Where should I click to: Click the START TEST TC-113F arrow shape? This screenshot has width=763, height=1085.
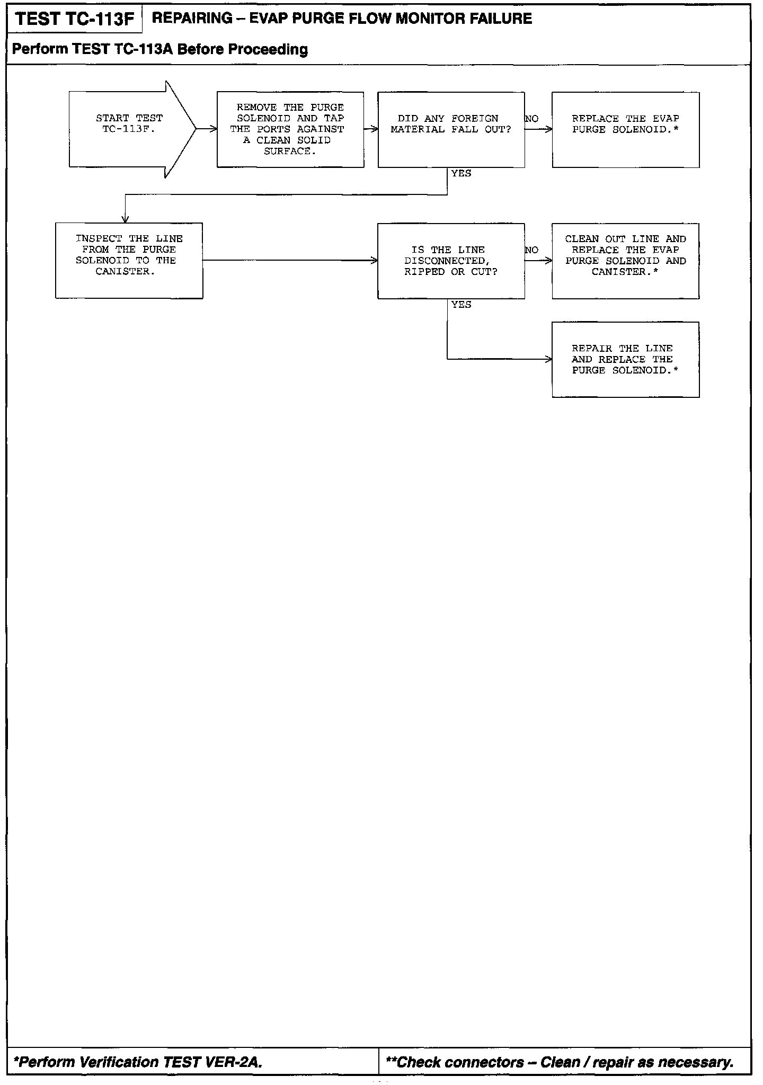(x=130, y=129)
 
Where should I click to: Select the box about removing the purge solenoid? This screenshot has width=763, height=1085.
(x=290, y=129)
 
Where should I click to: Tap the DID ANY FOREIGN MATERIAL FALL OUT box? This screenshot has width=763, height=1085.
(x=451, y=129)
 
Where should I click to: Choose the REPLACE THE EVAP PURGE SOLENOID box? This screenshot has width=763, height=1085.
(x=625, y=129)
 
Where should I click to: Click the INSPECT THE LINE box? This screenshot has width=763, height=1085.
(x=129, y=260)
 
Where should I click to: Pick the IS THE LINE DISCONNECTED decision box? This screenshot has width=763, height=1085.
(x=451, y=261)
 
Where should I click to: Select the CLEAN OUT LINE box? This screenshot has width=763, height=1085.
(x=625, y=261)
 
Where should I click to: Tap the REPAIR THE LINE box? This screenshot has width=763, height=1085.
(x=625, y=359)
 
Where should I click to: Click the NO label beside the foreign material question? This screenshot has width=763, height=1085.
(x=531, y=119)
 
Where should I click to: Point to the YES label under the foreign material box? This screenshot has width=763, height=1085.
(x=461, y=174)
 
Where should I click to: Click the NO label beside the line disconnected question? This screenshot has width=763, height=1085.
(x=531, y=250)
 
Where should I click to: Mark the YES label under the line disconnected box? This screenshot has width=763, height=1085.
(x=461, y=305)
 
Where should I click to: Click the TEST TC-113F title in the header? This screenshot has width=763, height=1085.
(x=75, y=20)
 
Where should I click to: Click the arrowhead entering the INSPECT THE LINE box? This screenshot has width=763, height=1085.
(x=126, y=219)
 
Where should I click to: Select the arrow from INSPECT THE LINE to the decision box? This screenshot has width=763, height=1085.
(x=290, y=260)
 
